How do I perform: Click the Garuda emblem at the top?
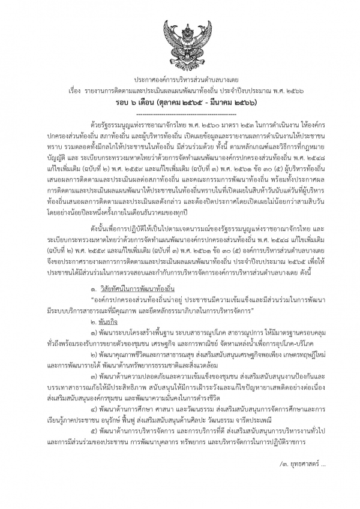point(180,41)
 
